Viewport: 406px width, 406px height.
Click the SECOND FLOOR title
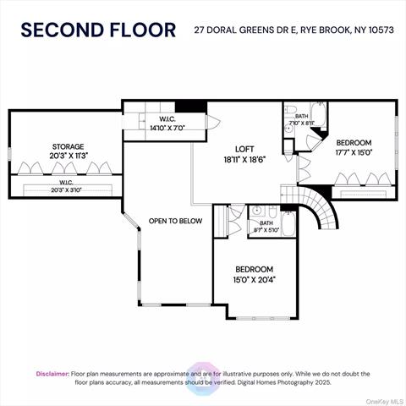(98, 30)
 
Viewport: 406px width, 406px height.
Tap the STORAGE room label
(68, 146)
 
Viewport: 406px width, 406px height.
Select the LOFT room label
(244, 149)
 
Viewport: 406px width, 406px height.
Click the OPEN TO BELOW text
(175, 221)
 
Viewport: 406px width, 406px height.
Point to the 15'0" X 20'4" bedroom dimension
(255, 280)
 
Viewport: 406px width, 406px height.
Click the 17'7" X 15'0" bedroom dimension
(354, 152)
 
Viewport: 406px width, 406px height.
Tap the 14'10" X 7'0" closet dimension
(167, 128)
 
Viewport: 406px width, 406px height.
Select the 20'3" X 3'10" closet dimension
(66, 190)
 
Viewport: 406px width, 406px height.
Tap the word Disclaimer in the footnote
(52, 374)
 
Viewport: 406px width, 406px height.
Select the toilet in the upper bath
(289, 110)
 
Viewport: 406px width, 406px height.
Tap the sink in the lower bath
(256, 211)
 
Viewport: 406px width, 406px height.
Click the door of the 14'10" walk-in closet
(213, 122)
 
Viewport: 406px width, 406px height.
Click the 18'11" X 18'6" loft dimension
(244, 160)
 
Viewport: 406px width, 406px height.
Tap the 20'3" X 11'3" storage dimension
(69, 156)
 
